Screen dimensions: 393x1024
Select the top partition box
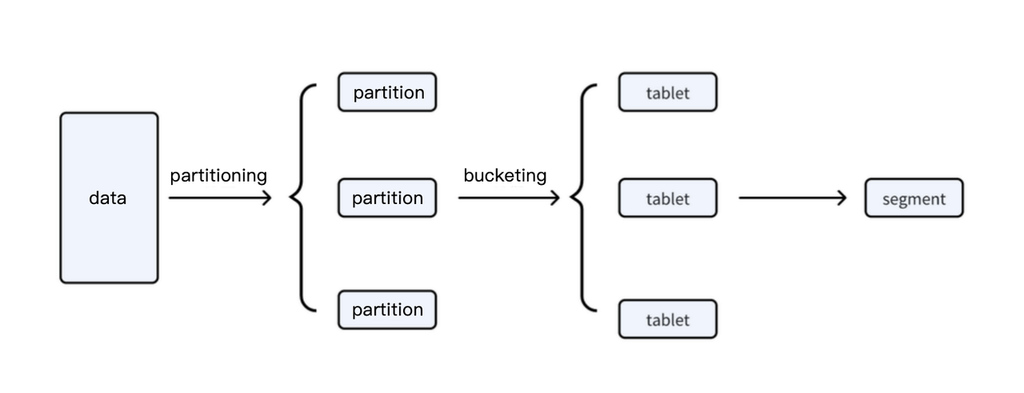pyautogui.click(x=387, y=92)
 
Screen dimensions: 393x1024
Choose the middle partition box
pyautogui.click(x=387, y=198)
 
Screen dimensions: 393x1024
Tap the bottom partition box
pyautogui.click(x=387, y=310)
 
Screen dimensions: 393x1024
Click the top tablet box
pyautogui.click(x=667, y=92)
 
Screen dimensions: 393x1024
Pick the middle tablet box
pyautogui.click(x=667, y=198)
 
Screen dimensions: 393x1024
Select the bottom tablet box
pyautogui.click(x=667, y=319)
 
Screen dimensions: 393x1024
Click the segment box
pyautogui.click(x=914, y=199)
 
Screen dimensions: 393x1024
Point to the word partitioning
pyautogui.click(x=218, y=175)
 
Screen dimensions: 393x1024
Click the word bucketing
pyautogui.click(x=505, y=175)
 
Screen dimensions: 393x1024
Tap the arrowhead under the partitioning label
pyautogui.click(x=266, y=198)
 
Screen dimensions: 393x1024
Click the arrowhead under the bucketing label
pyautogui.click(x=554, y=198)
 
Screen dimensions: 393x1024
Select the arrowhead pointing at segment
pyautogui.click(x=841, y=198)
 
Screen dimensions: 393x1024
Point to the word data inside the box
pyautogui.click(x=107, y=198)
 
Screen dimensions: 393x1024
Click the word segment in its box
pyautogui.click(x=914, y=199)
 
